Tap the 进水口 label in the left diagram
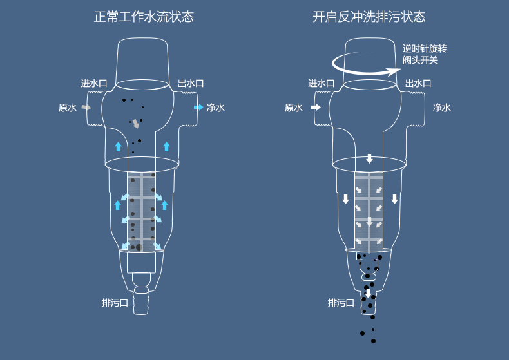93,84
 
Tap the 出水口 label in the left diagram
191,84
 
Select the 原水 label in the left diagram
67,108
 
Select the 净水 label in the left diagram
216,108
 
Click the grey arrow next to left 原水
86,108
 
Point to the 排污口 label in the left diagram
115,303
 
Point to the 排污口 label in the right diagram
341,303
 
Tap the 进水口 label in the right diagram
321,84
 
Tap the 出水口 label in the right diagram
418,84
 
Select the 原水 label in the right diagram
293,108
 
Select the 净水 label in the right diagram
442,108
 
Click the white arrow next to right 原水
315,108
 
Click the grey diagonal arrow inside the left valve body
135,123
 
